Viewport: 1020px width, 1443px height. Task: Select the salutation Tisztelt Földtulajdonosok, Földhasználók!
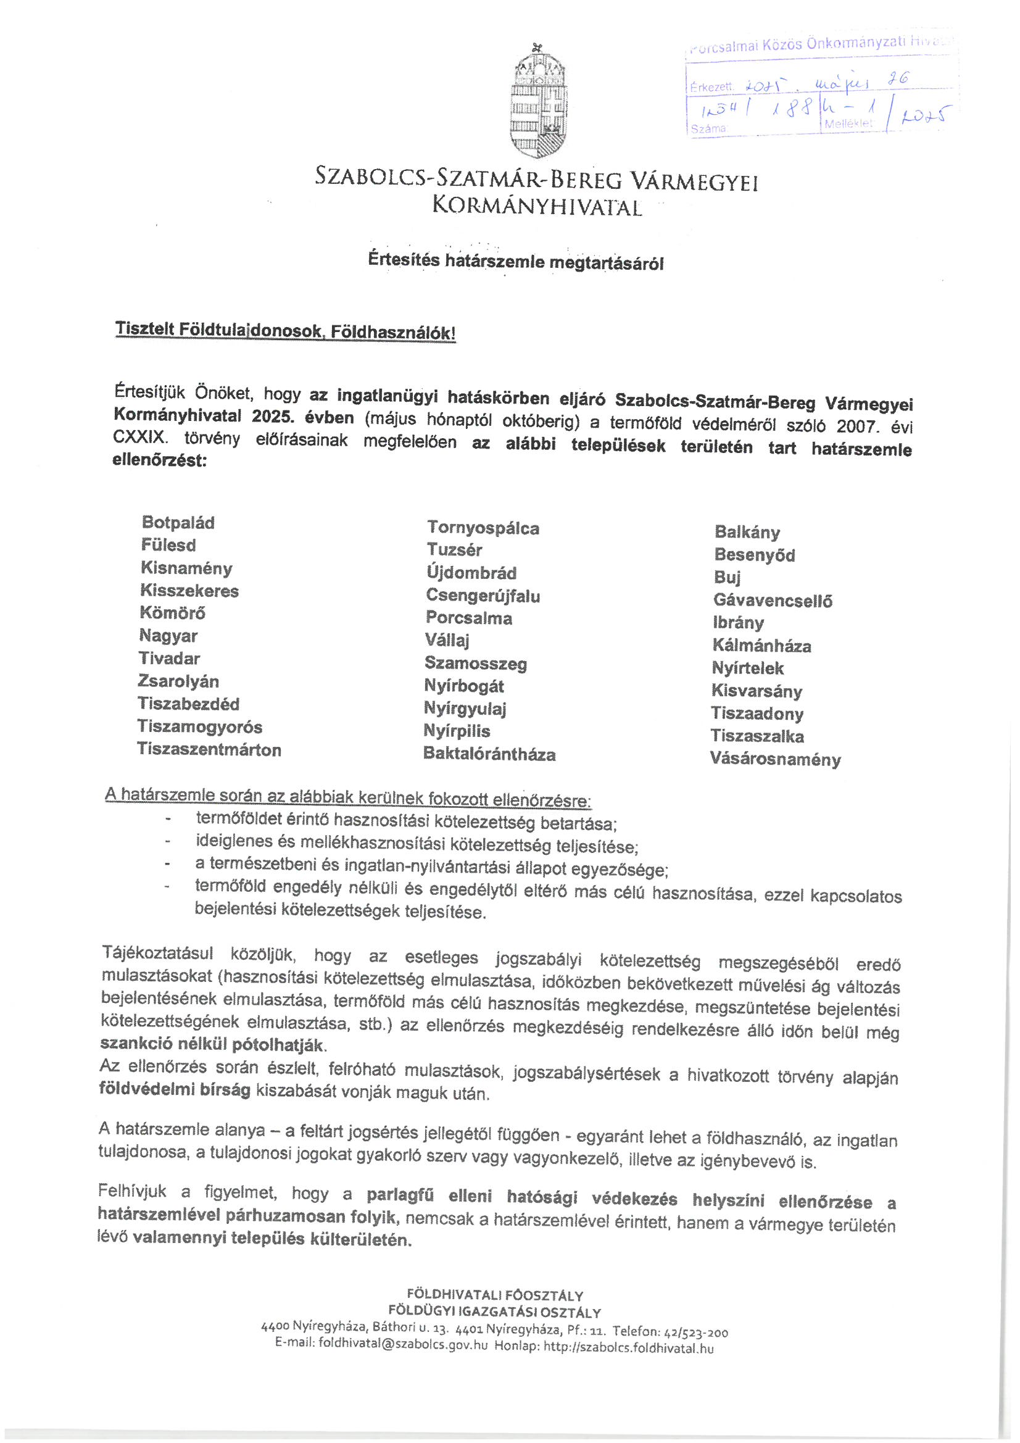(x=284, y=331)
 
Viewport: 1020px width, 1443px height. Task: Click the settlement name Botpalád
(x=178, y=522)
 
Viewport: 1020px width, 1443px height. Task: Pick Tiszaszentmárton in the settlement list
(x=209, y=749)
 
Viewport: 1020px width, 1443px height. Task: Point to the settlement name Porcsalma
(x=469, y=618)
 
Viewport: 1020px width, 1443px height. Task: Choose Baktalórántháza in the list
(x=489, y=754)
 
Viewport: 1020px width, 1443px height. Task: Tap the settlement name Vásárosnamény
(x=775, y=759)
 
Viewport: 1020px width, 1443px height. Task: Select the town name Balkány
(x=747, y=532)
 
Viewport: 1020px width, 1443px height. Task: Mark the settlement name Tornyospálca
(x=483, y=528)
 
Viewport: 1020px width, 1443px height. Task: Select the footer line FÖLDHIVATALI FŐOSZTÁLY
(x=495, y=1295)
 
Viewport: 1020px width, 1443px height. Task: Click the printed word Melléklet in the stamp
(x=848, y=124)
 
